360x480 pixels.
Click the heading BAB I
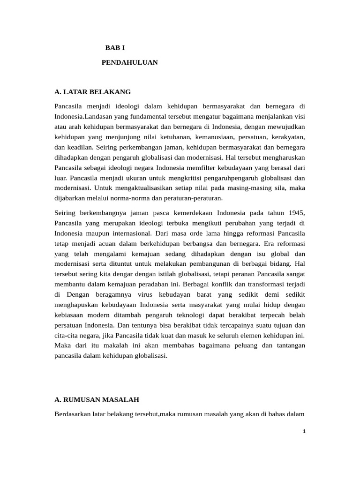tap(115, 48)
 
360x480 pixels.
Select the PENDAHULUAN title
tap(130, 62)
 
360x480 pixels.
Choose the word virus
tap(153, 294)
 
